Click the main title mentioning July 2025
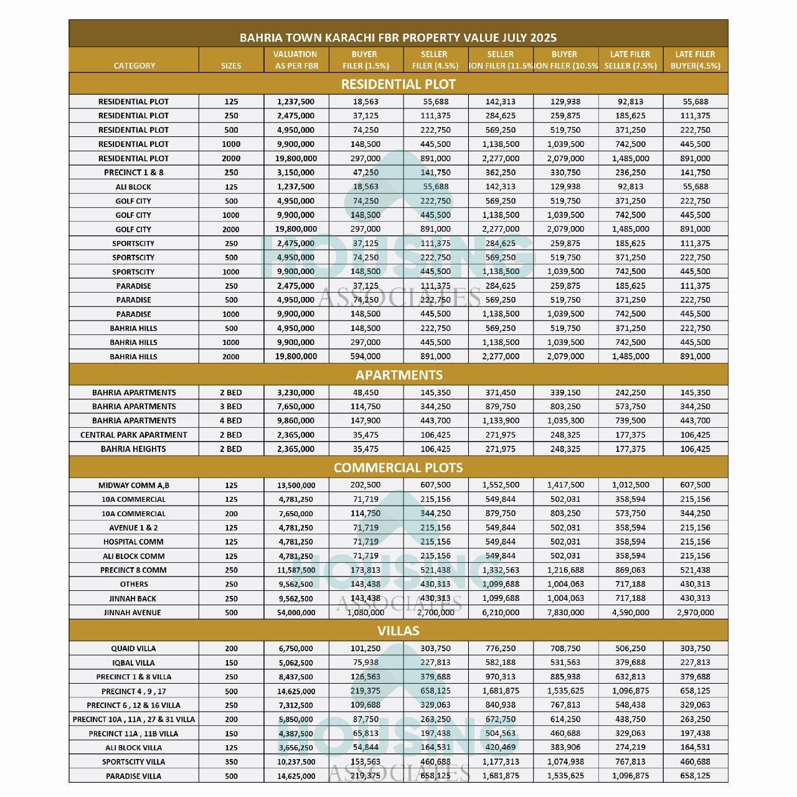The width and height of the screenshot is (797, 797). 398,37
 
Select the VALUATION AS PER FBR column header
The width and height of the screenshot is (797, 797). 296,60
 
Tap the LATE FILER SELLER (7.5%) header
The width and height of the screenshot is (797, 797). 630,60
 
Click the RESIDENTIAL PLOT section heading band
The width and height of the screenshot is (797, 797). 398,84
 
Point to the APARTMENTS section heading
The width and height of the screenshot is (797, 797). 398,375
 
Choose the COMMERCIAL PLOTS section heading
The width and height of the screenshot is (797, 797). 398,468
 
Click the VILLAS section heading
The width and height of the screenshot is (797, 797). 398,631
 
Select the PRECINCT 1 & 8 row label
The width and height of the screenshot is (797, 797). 133,172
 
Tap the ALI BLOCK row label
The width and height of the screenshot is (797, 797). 133,187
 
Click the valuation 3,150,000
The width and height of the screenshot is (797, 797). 296,172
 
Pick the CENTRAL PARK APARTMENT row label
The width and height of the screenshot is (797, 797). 133,435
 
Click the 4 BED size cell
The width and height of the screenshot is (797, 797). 231,420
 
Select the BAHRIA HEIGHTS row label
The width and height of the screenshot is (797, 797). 133,449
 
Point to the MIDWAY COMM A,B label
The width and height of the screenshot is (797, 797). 133,485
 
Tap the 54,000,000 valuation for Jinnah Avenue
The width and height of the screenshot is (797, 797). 296,613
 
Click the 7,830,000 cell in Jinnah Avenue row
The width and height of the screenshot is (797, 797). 565,613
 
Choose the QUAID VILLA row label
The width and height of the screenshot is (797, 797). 133,648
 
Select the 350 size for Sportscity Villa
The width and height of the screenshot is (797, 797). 231,762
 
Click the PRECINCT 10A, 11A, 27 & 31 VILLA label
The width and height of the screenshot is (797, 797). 133,719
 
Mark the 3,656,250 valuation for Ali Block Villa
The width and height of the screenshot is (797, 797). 296,748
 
